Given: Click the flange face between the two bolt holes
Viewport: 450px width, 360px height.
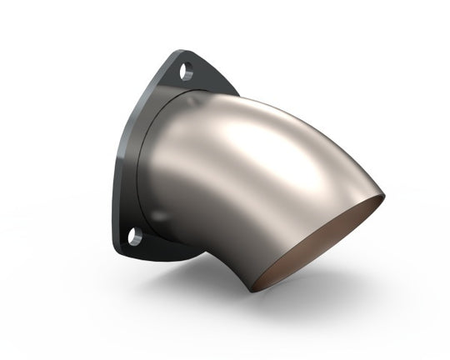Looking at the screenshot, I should [x=146, y=158].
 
